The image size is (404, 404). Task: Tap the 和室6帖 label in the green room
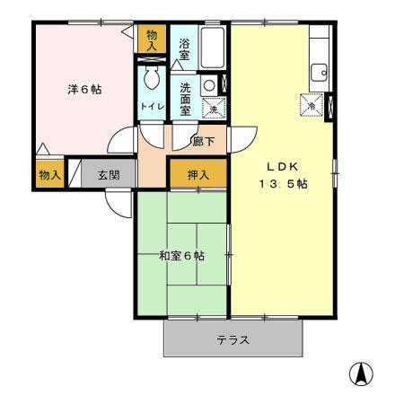click(x=181, y=256)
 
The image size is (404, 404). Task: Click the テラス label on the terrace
click(x=233, y=340)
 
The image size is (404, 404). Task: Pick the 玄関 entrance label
click(x=109, y=175)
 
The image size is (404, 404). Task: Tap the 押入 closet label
click(x=199, y=175)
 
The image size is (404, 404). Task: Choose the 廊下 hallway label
click(x=204, y=141)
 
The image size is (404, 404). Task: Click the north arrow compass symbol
click(x=361, y=372)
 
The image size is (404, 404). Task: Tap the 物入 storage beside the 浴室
click(x=154, y=40)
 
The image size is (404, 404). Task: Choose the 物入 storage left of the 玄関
click(x=48, y=175)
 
